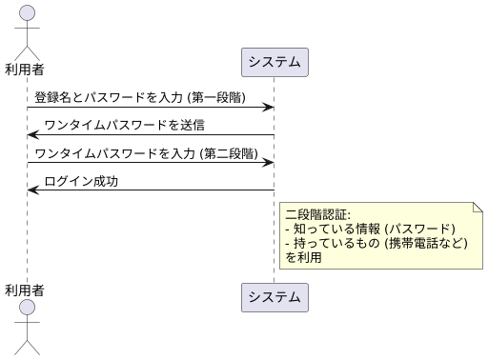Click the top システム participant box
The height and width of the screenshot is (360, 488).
(x=274, y=62)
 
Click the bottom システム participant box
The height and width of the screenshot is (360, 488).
(x=274, y=297)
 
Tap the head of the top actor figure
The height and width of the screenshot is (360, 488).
(x=27, y=12)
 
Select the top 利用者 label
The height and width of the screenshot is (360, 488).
(x=27, y=69)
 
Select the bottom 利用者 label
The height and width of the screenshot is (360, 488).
(x=27, y=289)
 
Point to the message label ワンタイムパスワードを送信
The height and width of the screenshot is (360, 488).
(x=124, y=126)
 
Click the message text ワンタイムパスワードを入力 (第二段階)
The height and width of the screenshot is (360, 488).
(x=146, y=153)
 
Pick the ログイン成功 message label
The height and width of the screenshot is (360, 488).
(x=81, y=181)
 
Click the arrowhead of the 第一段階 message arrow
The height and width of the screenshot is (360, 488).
(x=270, y=108)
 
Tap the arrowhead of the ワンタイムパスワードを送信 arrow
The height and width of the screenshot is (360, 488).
(x=32, y=135)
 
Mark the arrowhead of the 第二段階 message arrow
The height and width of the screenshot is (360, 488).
(x=270, y=163)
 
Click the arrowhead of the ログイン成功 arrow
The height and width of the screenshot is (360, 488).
(x=32, y=190)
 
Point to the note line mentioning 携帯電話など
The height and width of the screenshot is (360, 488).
(x=377, y=243)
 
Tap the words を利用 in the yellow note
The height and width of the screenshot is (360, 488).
(x=303, y=257)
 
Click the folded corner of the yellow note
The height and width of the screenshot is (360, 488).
(x=477, y=207)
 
